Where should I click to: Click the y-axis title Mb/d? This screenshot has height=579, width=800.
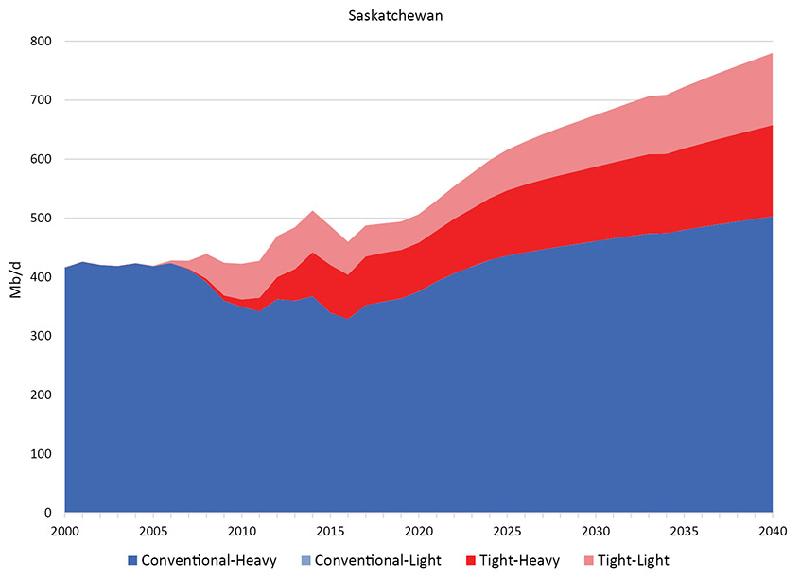(16, 278)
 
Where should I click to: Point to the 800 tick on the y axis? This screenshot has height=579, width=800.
(41, 42)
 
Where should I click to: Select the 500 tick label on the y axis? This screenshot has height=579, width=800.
(41, 219)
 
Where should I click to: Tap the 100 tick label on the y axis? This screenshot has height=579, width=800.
(41, 454)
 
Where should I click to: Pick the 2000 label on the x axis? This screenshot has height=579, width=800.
(65, 530)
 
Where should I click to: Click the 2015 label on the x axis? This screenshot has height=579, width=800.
(330, 530)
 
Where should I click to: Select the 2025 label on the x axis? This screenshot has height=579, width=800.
(508, 530)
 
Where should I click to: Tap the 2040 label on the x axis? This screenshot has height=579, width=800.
(773, 530)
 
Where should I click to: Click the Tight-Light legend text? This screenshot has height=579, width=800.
(633, 560)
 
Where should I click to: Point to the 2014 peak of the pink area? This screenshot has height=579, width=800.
(313, 210)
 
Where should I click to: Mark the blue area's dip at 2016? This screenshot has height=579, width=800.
(348, 319)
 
